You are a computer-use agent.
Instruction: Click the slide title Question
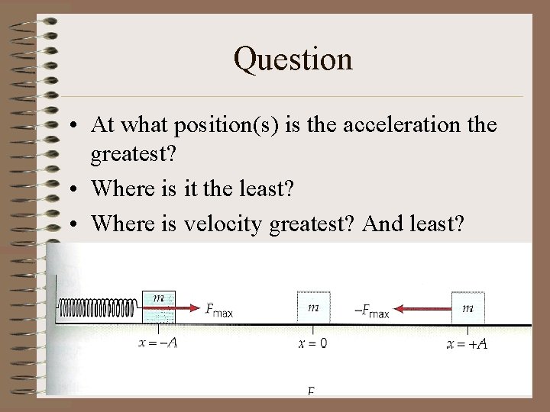(x=293, y=59)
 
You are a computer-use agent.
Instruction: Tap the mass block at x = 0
(x=313, y=307)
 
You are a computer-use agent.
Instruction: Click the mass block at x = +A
(x=467, y=307)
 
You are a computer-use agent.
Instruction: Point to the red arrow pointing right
(x=187, y=309)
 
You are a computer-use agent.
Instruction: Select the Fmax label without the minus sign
(x=219, y=310)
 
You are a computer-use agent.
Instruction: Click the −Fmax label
(x=372, y=311)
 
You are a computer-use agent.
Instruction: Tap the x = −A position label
(x=158, y=343)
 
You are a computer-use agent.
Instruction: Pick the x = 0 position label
(x=312, y=343)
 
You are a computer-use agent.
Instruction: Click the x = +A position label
(x=467, y=343)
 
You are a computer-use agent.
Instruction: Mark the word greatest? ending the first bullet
(x=133, y=156)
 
